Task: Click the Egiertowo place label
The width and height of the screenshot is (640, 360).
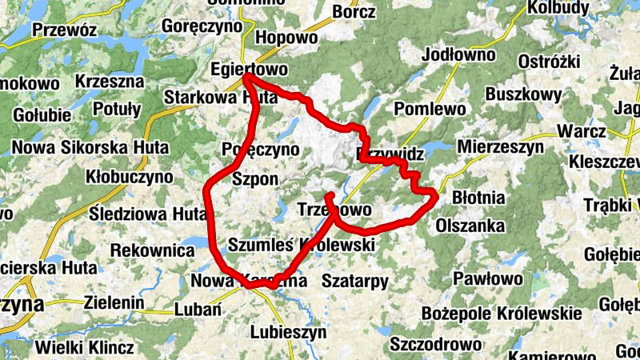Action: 248,69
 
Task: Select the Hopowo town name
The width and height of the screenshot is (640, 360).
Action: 285,38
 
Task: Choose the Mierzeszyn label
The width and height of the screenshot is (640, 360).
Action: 500,147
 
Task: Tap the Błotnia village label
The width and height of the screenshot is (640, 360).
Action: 478,196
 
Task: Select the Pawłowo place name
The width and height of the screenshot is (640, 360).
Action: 488,279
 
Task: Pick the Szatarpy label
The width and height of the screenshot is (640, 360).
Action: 354,281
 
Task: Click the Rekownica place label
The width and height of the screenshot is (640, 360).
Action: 152,251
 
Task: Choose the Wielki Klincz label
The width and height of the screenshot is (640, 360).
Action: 85,349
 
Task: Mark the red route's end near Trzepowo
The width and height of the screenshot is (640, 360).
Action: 329,194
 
